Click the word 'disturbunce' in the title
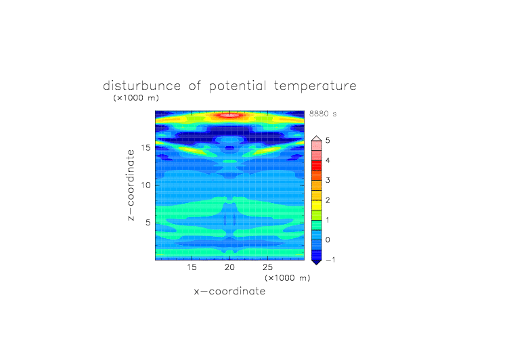(x=142, y=86)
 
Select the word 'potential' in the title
(x=238, y=87)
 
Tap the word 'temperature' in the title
(x=315, y=87)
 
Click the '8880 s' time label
(x=323, y=114)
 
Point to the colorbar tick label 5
(x=328, y=141)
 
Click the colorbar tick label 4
(x=328, y=160)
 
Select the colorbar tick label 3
(x=328, y=180)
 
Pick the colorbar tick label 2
(x=328, y=200)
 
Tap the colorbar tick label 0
(x=328, y=240)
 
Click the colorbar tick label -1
(x=330, y=260)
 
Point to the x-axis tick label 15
(x=192, y=267)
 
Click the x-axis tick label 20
(x=229, y=267)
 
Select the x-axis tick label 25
(x=267, y=267)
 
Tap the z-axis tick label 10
(x=146, y=185)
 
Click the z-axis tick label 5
(x=148, y=223)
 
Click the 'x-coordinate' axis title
(x=229, y=291)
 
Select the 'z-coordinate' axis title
(x=131, y=185)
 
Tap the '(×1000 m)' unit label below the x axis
(x=287, y=278)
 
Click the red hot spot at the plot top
(x=230, y=115)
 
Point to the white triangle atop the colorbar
(x=317, y=139)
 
